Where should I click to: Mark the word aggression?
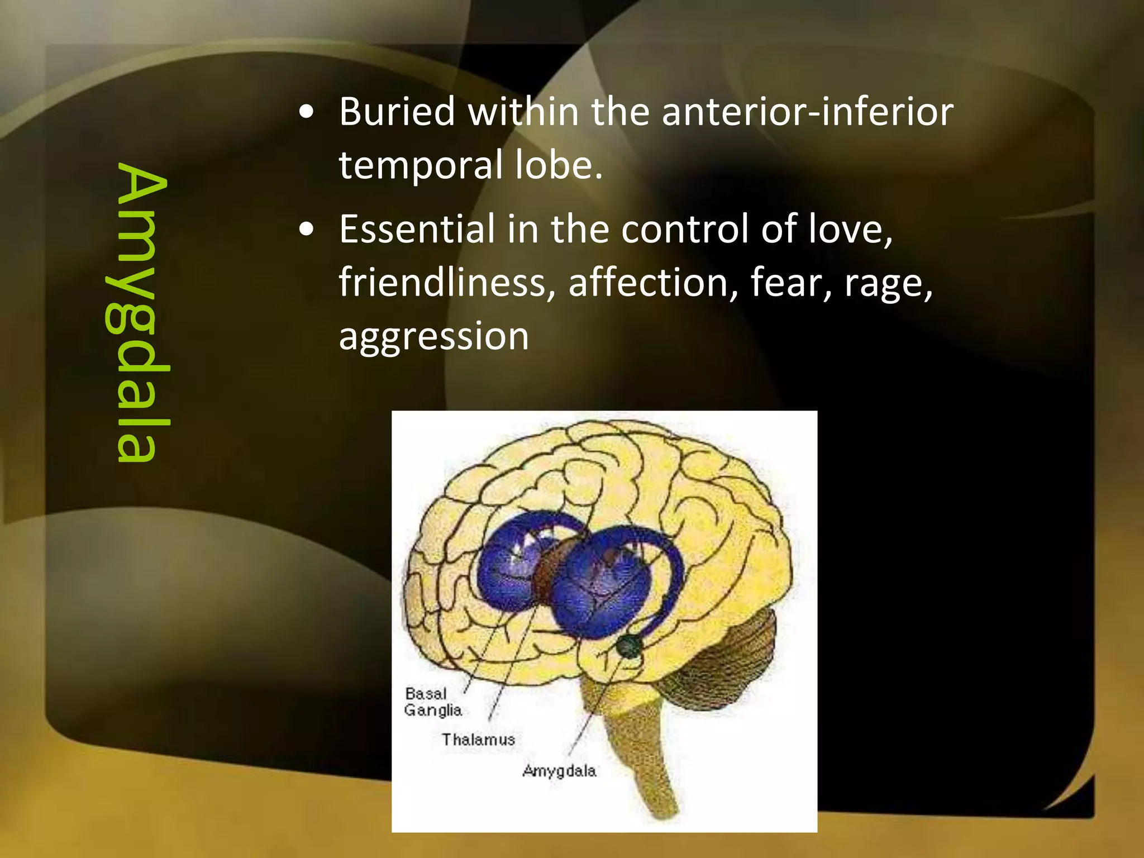point(433,337)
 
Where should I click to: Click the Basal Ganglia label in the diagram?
point(433,702)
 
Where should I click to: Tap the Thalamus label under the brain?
point(478,740)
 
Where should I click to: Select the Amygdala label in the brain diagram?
point(559,771)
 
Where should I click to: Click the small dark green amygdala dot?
point(630,647)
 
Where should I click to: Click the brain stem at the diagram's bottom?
point(642,754)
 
